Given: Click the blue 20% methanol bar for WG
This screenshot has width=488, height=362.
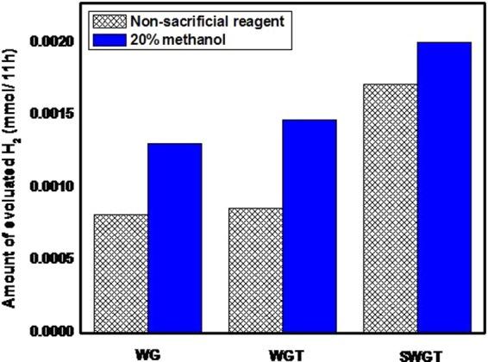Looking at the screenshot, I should [174, 237].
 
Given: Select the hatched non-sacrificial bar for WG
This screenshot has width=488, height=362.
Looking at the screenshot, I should [120, 272].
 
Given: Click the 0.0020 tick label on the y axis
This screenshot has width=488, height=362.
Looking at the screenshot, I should [48, 41].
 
